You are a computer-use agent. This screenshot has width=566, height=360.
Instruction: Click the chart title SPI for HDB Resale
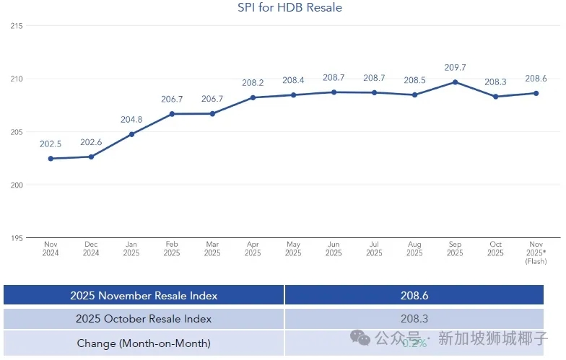click(289, 8)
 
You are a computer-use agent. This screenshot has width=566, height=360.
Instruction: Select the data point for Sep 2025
click(455, 82)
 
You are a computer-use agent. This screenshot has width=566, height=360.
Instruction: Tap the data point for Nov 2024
click(51, 159)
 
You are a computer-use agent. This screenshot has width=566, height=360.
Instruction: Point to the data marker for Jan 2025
click(131, 134)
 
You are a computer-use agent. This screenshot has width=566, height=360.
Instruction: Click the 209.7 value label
click(455, 68)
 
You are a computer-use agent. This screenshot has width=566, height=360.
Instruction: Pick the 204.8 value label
click(131, 120)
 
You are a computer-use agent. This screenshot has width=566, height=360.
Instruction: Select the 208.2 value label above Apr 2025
click(253, 83)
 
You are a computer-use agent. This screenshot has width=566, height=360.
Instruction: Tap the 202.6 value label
click(91, 142)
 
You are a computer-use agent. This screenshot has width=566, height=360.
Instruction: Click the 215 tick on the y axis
click(17, 26)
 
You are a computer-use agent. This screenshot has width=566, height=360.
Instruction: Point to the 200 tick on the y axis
click(17, 185)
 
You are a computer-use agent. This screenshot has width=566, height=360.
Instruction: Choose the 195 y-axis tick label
click(17, 238)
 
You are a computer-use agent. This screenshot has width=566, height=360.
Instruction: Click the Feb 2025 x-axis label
click(172, 249)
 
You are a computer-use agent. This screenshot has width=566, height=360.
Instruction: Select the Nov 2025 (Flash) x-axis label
click(535, 253)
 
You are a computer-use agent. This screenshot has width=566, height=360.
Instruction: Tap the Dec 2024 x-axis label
click(91, 249)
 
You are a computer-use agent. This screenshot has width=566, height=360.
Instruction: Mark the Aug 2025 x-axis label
click(414, 249)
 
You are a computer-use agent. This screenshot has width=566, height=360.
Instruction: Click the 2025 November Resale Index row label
click(144, 295)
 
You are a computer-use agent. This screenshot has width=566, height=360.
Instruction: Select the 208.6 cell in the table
click(414, 295)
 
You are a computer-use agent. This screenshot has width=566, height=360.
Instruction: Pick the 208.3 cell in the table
click(414, 319)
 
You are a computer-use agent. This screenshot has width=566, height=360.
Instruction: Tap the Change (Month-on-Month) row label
click(144, 343)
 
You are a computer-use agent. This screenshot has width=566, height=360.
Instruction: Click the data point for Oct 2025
click(495, 97)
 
